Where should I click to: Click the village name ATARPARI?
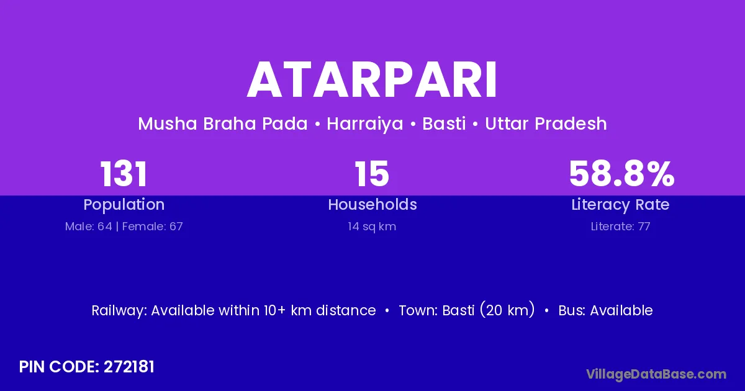pyautogui.click(x=372, y=80)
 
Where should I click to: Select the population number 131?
pyautogui.click(x=124, y=174)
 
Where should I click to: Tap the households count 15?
pyautogui.click(x=372, y=174)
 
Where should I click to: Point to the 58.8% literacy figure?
pyautogui.click(x=621, y=174)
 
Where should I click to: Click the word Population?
pyautogui.click(x=124, y=205)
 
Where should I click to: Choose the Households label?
pyautogui.click(x=372, y=204)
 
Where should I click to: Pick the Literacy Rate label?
pyautogui.click(x=620, y=205)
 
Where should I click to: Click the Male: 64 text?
pyautogui.click(x=88, y=227)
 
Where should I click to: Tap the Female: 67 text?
pyautogui.click(x=152, y=227)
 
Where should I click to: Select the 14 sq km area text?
pyautogui.click(x=372, y=227)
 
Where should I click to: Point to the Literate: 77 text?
pyautogui.click(x=620, y=227)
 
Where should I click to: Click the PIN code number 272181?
pyautogui.click(x=129, y=367)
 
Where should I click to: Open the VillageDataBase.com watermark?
pyautogui.click(x=656, y=374)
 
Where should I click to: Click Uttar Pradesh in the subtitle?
pyautogui.click(x=546, y=124)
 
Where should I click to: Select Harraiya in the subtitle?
pyautogui.click(x=365, y=124)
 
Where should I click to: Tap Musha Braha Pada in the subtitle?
pyautogui.click(x=223, y=124)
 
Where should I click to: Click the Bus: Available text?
pyautogui.click(x=605, y=310)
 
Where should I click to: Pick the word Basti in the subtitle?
pyautogui.click(x=444, y=124)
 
